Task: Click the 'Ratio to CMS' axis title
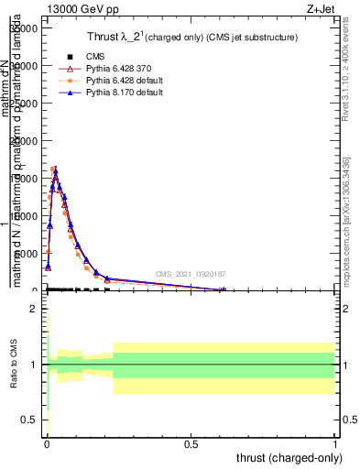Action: [14, 365]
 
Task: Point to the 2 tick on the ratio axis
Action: [33, 309]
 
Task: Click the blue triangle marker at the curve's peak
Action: [55, 169]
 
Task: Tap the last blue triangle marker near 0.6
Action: [223, 289]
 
